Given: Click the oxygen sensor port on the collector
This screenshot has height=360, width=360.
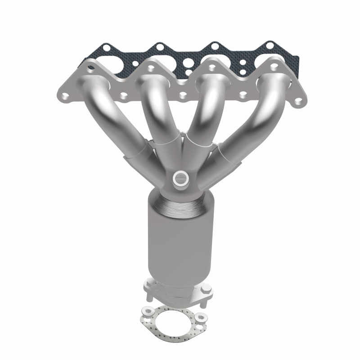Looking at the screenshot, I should [x=180, y=177].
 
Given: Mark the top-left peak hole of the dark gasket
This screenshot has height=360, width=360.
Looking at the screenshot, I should [x=105, y=46].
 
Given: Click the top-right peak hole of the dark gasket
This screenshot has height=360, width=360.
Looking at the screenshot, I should [x=270, y=45].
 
